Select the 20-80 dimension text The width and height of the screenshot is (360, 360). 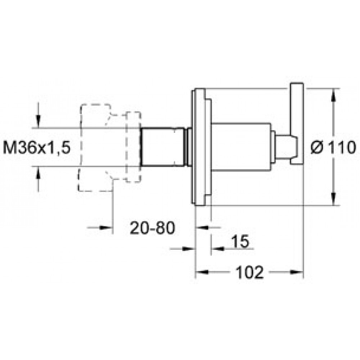pyautogui.click(x=152, y=228)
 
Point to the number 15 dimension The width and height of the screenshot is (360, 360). pyautogui.click(x=240, y=241)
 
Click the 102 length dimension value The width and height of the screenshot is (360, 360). pyautogui.click(x=250, y=272)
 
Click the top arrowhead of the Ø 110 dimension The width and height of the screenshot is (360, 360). pyautogui.click(x=334, y=95)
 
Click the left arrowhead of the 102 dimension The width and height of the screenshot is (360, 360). pyautogui.click(x=202, y=272)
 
